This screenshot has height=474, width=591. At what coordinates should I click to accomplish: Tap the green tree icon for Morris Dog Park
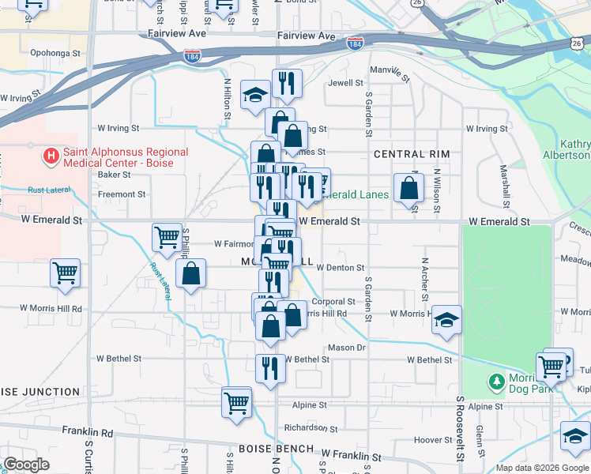495,382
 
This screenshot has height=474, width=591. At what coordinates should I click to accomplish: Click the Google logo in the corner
26,465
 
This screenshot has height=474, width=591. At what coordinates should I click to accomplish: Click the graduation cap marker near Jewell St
256,95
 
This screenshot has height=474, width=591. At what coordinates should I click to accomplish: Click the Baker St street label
114,175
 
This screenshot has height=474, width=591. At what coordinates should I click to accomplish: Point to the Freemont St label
121,194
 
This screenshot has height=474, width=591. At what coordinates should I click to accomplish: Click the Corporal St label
333,301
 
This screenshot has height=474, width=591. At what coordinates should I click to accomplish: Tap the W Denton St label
340,268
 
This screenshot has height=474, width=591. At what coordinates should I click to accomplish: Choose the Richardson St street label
311,428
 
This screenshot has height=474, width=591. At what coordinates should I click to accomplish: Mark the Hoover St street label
432,440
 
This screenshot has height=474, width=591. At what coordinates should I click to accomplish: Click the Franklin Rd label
88,433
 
